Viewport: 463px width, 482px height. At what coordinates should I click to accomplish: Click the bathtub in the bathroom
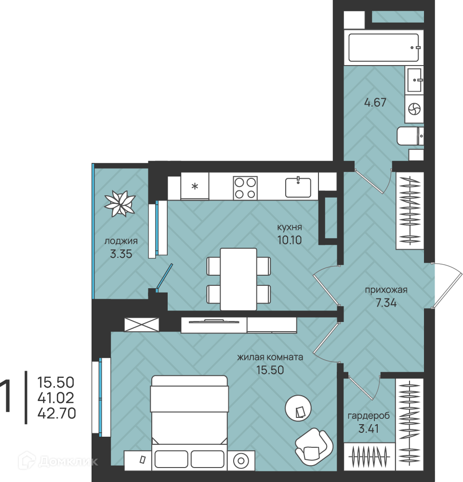[384, 47]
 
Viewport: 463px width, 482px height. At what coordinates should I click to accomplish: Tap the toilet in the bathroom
[410, 136]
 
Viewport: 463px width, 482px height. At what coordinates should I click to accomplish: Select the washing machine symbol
[414, 109]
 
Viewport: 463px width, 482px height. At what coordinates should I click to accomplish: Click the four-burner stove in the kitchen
[245, 188]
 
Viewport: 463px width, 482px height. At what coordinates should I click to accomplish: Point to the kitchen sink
[298, 187]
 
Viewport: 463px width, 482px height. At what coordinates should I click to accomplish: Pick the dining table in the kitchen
[238, 279]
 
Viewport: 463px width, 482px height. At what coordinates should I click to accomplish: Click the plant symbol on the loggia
[120, 203]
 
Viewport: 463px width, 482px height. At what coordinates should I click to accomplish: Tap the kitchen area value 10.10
[290, 240]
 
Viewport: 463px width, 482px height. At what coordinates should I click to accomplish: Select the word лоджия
[121, 241]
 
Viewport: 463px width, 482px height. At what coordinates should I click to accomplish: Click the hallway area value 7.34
[386, 303]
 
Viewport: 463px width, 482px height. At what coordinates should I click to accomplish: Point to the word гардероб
[369, 416]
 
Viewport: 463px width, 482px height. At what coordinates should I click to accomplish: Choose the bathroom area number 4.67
[375, 102]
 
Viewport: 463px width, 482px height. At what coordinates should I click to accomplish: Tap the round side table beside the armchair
[298, 408]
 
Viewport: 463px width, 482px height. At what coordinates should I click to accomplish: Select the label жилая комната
[270, 357]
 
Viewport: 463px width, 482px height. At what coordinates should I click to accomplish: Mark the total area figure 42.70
[56, 413]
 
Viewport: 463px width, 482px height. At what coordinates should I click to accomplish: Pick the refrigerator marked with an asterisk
[195, 186]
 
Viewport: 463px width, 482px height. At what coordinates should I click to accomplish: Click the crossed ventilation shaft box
[141, 324]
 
